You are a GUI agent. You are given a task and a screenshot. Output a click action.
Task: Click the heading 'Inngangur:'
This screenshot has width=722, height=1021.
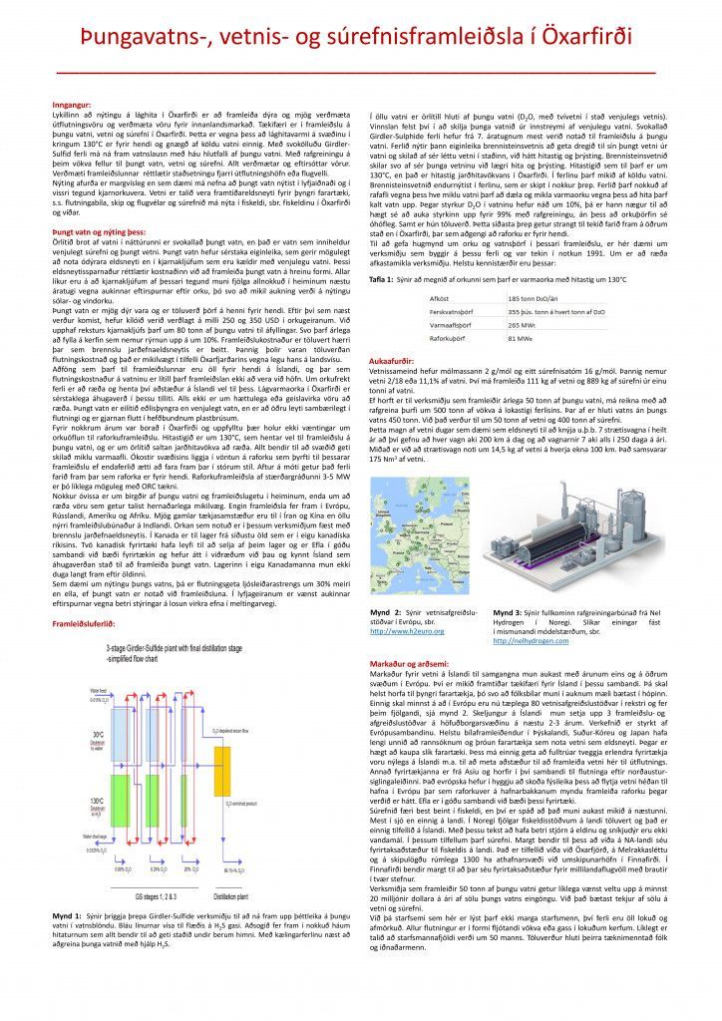[71, 104]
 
